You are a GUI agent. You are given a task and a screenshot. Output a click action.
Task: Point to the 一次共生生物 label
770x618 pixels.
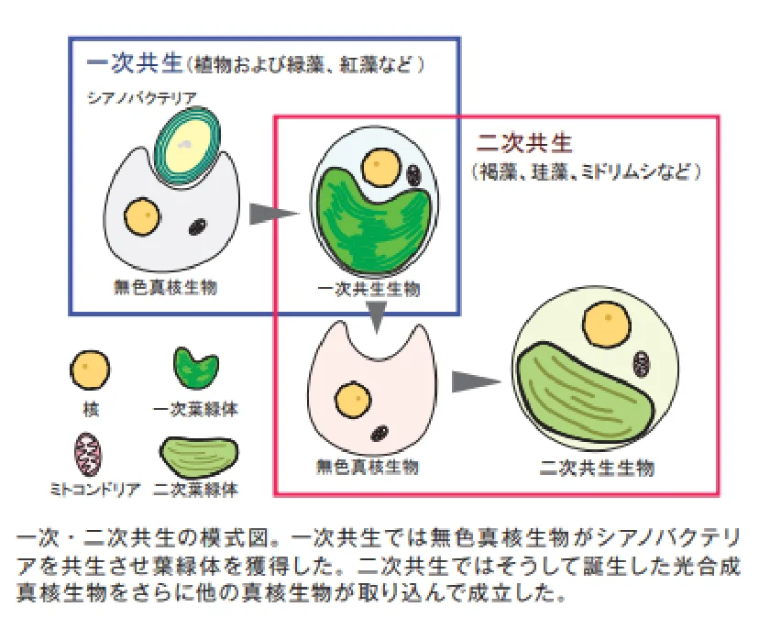pyautogui.click(x=368, y=289)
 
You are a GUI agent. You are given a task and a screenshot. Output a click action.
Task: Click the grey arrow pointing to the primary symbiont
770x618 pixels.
pyautogui.click(x=275, y=214)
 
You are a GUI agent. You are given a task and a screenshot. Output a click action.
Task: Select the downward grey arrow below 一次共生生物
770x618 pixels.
pyautogui.click(x=376, y=317)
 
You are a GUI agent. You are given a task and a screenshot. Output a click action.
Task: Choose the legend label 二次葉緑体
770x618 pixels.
pyautogui.click(x=196, y=490)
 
